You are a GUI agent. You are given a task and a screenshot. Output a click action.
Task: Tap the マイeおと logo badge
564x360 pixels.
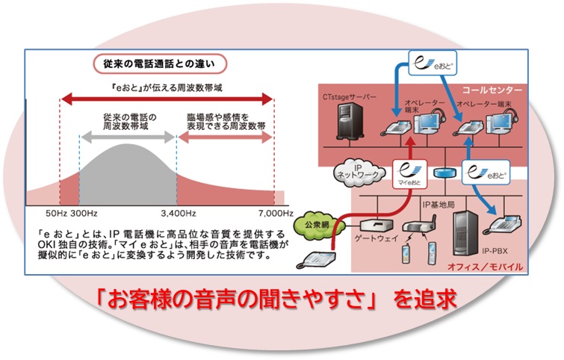tap(407, 174)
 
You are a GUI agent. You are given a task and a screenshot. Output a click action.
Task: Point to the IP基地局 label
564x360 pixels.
tap(439, 203)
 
